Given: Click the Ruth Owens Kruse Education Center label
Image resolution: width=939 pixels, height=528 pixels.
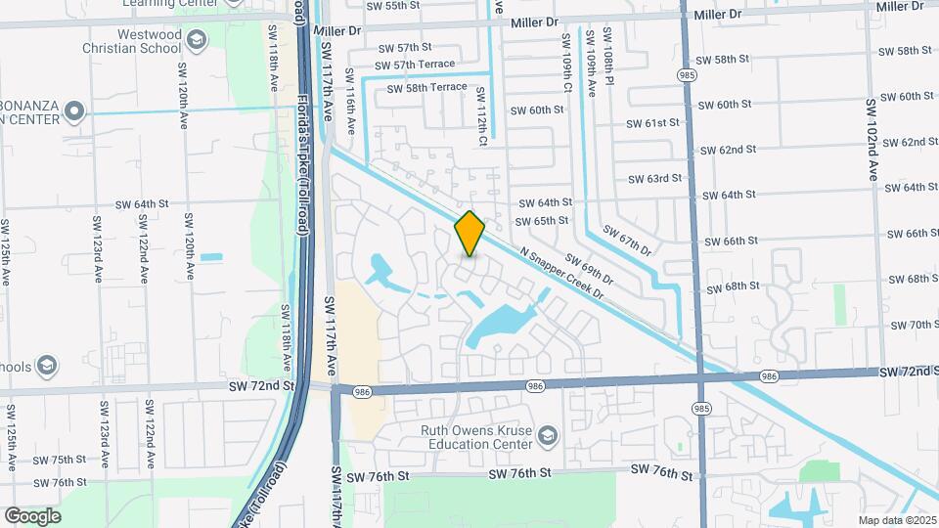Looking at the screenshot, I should point(475,436).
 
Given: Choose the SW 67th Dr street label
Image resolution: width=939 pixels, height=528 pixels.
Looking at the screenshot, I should point(627,241).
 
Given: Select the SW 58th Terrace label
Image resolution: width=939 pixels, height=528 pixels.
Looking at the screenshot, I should point(426,87).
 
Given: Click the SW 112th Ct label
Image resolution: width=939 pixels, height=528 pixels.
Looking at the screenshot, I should point(481,117).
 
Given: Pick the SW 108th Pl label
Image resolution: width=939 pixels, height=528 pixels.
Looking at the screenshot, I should point(607,62).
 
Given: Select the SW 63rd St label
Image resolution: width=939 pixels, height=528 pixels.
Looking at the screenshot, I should point(655,179).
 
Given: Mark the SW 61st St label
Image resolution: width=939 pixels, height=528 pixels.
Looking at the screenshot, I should point(654,123).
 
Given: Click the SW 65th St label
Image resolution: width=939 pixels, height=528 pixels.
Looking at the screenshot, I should point(544,221).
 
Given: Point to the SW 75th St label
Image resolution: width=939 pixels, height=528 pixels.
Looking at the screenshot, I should point(61,460).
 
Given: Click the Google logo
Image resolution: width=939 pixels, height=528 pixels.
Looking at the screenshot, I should point(32,515).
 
